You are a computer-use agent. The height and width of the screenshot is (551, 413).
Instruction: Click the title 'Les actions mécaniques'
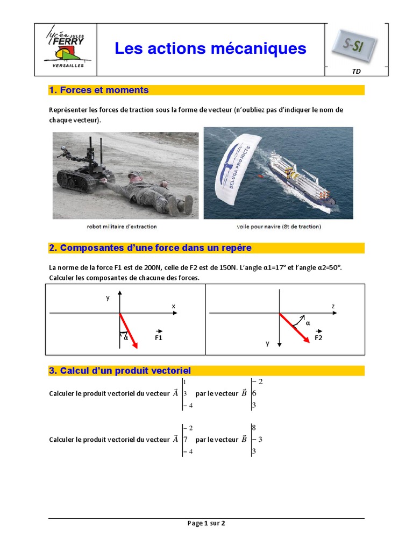pos(210,48)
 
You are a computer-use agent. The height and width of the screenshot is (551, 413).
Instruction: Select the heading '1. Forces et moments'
pos(98,90)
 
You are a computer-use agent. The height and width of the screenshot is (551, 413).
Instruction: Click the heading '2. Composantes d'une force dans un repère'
pos(150,248)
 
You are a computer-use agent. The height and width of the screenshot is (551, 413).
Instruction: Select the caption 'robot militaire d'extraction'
pos(125,227)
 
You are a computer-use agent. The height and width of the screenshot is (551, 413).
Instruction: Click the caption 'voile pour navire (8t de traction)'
pos(279,227)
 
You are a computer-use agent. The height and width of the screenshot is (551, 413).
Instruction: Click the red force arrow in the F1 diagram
pos(129,330)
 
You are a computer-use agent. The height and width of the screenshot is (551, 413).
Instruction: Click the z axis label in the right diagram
pos(333,306)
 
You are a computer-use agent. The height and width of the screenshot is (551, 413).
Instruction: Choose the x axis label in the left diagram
pos(173,306)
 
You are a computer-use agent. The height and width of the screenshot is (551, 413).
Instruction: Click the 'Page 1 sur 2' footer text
pos(206,523)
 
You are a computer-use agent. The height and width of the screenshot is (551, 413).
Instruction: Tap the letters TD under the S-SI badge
pos(356,71)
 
